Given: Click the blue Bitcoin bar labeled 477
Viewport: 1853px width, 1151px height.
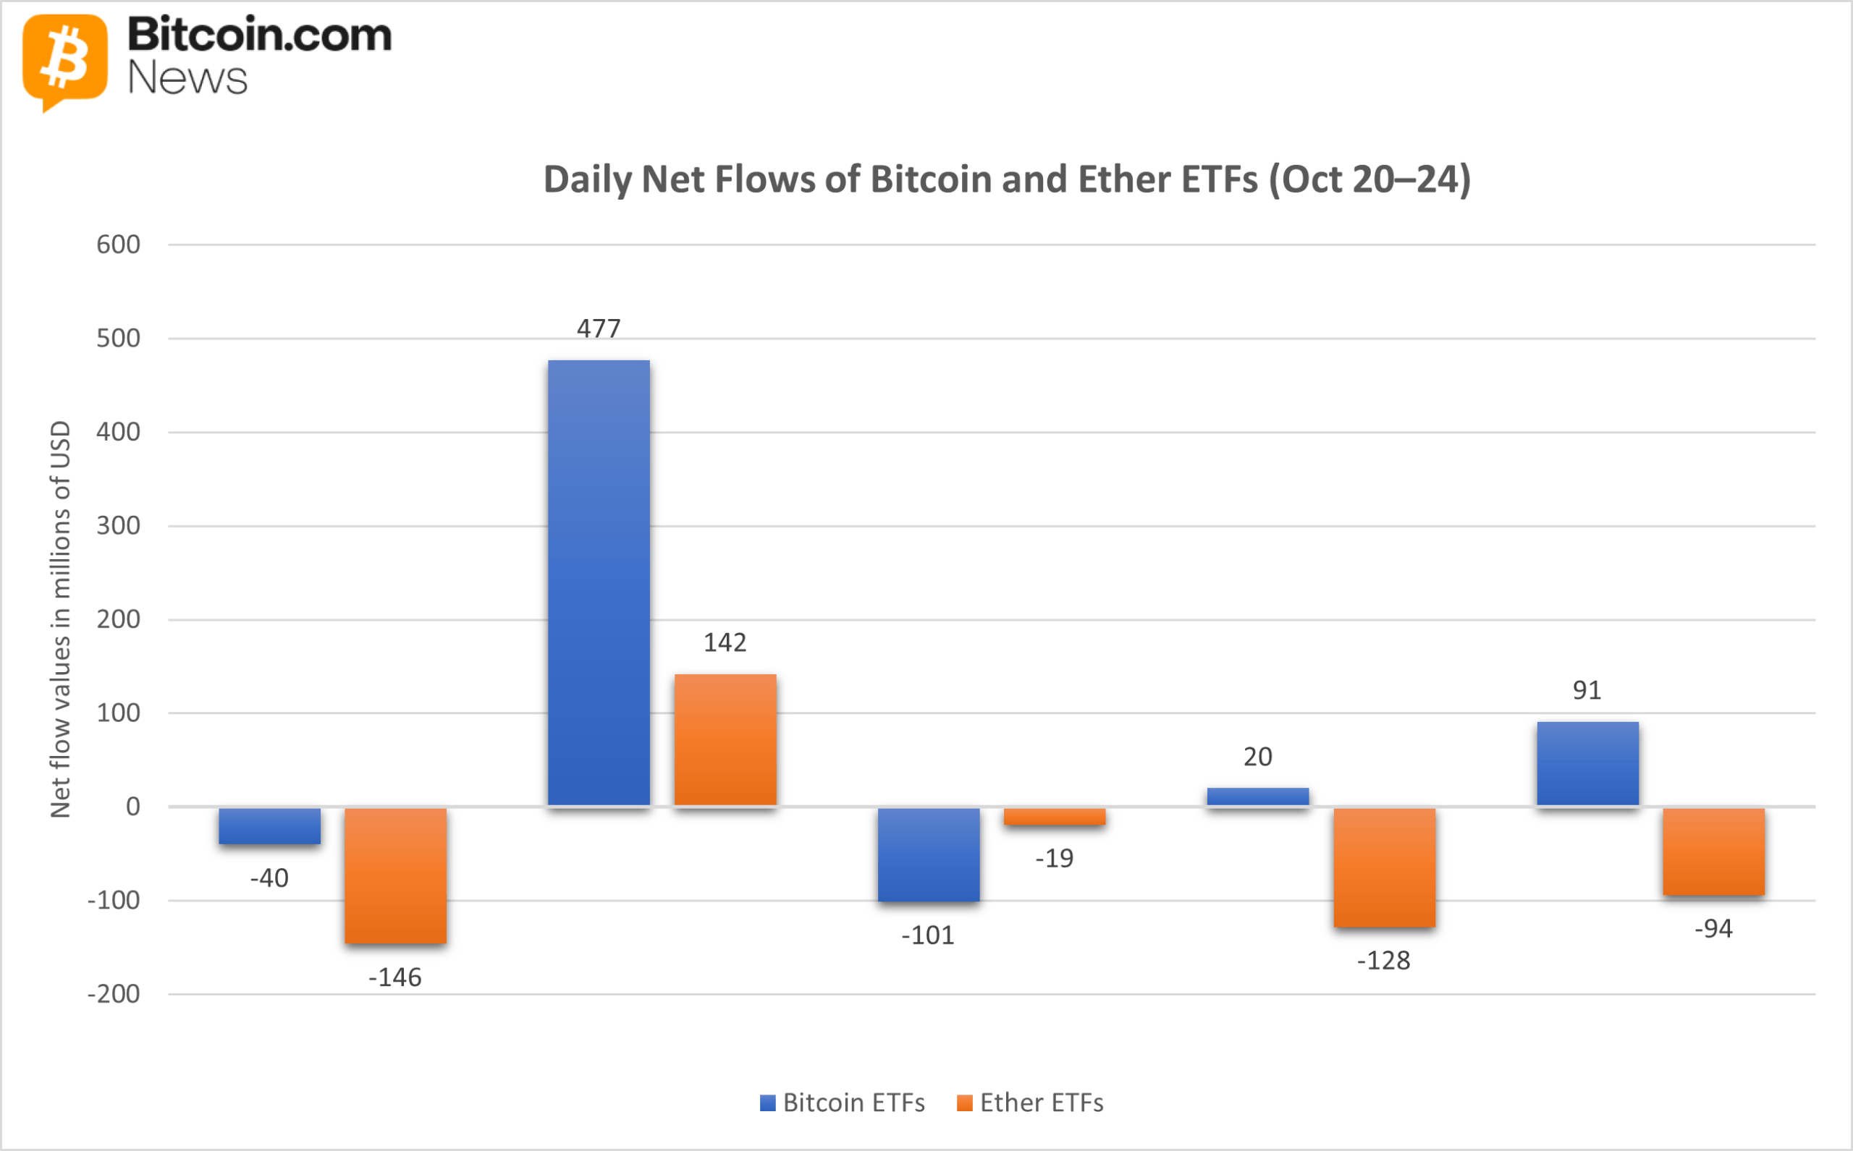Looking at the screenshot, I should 599,582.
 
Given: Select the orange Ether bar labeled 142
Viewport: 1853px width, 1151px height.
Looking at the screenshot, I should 725,739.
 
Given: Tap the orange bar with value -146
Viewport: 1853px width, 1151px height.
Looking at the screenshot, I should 395,875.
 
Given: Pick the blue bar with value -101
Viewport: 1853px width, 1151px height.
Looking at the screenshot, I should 929,854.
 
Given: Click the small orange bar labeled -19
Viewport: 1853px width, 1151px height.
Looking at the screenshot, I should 1054,816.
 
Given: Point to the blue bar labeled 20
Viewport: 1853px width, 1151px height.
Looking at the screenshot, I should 1257,797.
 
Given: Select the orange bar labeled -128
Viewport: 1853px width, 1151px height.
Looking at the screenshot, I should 1384,867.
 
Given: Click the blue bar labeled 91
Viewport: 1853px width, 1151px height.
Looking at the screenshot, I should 1587,763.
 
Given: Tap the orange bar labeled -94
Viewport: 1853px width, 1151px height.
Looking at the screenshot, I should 1713,851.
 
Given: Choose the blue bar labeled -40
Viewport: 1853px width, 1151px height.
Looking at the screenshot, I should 269,825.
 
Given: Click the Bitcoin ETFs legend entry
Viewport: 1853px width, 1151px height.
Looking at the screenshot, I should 843,1103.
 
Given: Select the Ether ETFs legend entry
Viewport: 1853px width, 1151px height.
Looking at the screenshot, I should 1030,1103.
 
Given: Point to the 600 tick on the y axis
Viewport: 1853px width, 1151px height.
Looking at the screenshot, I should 118,245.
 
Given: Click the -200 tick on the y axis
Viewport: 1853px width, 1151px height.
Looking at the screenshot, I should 114,993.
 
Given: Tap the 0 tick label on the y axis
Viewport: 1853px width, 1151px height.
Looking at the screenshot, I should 132,806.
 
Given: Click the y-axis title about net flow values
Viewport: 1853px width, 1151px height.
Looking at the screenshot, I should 59,618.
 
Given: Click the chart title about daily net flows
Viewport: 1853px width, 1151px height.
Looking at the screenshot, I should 1007,179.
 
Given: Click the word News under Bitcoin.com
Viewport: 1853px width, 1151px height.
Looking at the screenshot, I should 187,78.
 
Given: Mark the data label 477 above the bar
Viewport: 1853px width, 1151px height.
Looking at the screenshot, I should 599,328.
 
